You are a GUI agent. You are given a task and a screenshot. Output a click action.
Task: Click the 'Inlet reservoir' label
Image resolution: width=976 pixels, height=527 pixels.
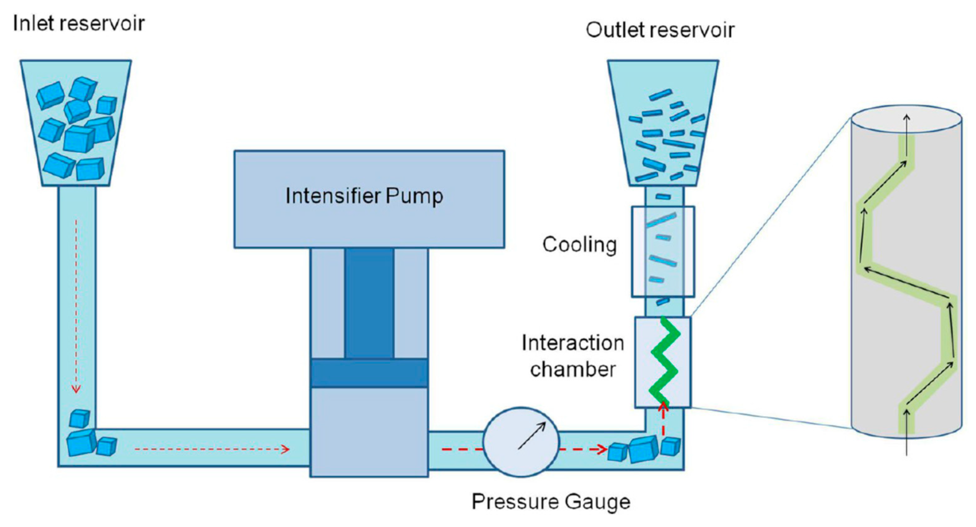[x=78, y=24]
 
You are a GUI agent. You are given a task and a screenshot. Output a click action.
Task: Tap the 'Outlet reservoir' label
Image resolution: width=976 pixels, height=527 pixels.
[x=660, y=30]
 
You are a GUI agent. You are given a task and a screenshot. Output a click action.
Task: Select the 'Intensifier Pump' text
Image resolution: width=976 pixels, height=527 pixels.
[x=364, y=196]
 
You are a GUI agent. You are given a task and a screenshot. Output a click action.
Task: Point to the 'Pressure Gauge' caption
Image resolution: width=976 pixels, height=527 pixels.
[x=551, y=502]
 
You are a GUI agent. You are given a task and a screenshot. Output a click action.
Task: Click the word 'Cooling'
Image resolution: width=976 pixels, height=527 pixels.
[x=579, y=244]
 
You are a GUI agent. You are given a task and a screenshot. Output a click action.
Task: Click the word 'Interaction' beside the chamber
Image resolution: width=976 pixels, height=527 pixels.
[x=572, y=343]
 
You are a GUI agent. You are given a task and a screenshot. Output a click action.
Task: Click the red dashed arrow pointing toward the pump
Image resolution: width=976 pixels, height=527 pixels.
[x=212, y=450]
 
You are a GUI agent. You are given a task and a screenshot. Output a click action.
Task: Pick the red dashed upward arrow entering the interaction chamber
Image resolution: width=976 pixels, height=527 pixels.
[x=663, y=421]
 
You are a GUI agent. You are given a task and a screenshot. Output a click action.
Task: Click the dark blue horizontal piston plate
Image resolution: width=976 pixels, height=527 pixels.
[x=369, y=373]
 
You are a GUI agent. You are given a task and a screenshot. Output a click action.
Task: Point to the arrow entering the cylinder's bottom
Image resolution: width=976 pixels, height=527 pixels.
[x=907, y=432]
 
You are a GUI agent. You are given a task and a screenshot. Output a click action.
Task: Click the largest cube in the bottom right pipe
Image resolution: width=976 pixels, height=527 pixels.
[x=643, y=450]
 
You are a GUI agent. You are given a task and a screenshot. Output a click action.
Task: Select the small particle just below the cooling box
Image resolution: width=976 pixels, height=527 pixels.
[x=663, y=302]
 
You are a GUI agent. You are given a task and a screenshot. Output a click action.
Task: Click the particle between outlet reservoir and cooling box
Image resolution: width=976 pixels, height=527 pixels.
[x=663, y=196]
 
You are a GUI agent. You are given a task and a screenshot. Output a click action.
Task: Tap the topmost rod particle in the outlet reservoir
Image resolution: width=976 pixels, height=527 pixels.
[x=660, y=95]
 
